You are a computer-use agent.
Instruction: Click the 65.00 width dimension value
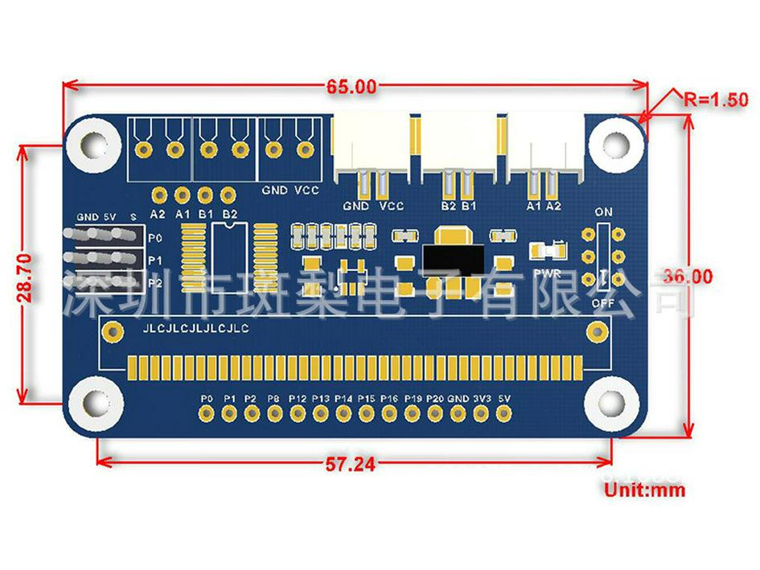click(351, 85)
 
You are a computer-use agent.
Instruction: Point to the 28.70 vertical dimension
click(25, 277)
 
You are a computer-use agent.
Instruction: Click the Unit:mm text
click(643, 489)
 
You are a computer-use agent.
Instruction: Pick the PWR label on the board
click(546, 272)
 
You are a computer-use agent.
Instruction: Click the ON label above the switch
click(603, 212)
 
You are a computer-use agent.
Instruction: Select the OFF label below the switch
click(603, 304)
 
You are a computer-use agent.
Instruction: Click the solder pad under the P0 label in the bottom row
click(207, 413)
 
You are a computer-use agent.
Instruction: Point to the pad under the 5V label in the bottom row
click(504, 413)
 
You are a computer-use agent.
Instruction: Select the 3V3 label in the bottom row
click(482, 399)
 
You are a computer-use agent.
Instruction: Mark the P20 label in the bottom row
click(435, 399)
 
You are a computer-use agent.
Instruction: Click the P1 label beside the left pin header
click(156, 260)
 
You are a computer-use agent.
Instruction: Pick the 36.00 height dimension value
click(688, 276)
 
